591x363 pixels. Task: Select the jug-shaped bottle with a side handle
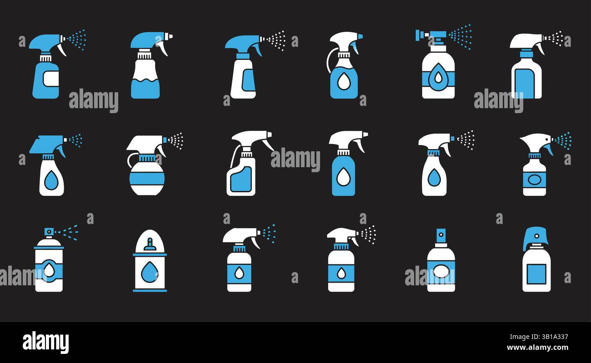[241, 175]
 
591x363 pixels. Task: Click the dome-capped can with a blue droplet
[150, 268]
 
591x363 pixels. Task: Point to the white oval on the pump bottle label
[441, 272]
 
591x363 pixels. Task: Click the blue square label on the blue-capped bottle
[536, 273]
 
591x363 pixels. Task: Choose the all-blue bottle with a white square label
[45, 80]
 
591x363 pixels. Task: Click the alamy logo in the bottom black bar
[45, 342]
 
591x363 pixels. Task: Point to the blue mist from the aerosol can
[68, 232]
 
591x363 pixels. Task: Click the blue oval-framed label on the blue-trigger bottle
[534, 179]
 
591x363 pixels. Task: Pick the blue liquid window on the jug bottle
[241, 179]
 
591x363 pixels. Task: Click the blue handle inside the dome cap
[150, 246]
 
